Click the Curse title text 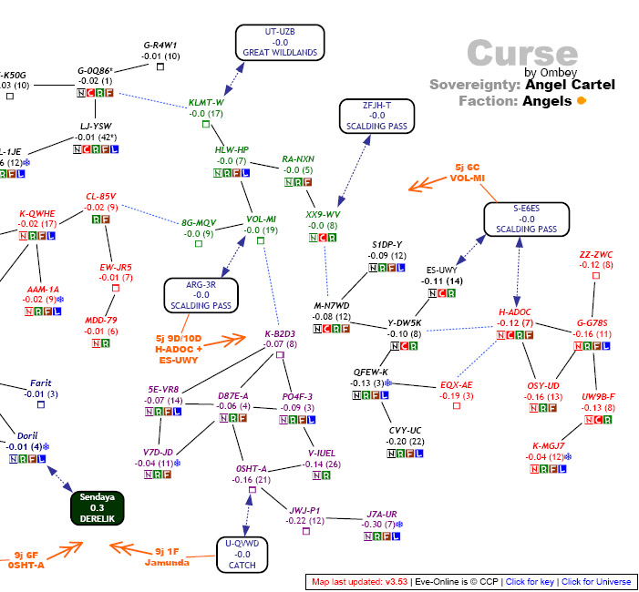pyautogui.click(x=522, y=54)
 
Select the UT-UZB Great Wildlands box pyautogui.click(x=279, y=42)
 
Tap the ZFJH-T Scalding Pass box pyautogui.click(x=376, y=116)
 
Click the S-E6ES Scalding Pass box pyautogui.click(x=526, y=219)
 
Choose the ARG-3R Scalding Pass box pyautogui.click(x=201, y=295)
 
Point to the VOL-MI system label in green pyautogui.click(x=261, y=219)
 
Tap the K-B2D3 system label pyautogui.click(x=280, y=333)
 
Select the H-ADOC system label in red pyautogui.click(x=514, y=311)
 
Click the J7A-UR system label pyautogui.click(x=382, y=514)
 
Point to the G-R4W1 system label pyautogui.click(x=160, y=45)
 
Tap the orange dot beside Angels pyautogui.click(x=581, y=101)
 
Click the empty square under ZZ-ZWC pyautogui.click(x=596, y=275)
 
